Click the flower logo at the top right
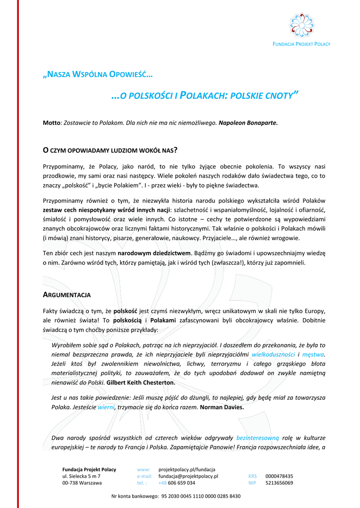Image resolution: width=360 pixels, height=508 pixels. click(302, 24)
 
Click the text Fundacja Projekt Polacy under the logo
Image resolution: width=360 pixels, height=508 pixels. click(301, 44)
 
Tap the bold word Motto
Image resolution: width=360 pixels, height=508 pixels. click(51, 122)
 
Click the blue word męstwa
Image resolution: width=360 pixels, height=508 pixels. click(314, 354)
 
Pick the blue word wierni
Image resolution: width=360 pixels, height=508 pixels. click(106, 407)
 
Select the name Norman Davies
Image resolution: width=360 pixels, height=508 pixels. click(222, 407)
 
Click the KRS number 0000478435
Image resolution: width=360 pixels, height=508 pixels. click(279, 476)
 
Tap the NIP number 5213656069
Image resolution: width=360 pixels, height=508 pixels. click(279, 483)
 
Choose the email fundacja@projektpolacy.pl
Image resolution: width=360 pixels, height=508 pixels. click(188, 476)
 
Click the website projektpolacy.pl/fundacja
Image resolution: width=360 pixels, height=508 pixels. click(187, 469)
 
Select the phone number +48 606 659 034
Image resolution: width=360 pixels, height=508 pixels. click(177, 483)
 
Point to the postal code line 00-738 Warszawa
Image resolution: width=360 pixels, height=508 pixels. click(82, 483)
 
